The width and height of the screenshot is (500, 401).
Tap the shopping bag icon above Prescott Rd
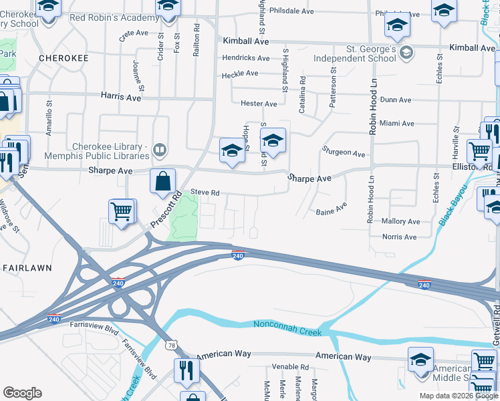163,181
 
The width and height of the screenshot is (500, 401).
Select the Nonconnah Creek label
287,327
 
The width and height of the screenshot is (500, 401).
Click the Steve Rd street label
205,192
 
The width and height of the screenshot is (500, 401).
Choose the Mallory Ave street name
400,221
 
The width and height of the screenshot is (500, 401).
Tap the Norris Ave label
399,237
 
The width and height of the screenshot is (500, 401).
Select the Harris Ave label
121,97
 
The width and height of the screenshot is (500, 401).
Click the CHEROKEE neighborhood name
64,59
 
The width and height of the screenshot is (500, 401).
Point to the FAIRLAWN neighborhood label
27,267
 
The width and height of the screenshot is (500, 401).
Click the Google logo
23,393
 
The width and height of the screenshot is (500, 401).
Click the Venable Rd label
289,367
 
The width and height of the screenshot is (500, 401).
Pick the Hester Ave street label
259,104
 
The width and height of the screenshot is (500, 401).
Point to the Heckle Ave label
240,74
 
